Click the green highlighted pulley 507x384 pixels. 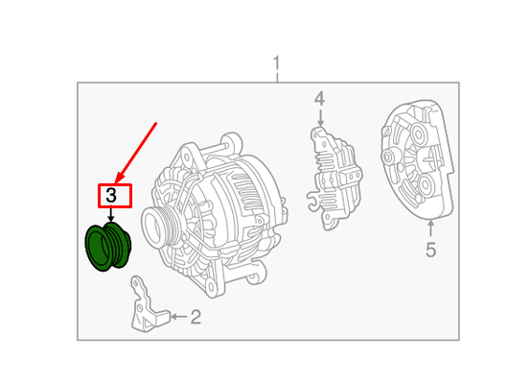coord(108,248)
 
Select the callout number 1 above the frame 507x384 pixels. coord(276,65)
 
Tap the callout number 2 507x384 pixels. coord(196,317)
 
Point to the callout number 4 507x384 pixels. coord(319,99)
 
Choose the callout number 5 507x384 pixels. coord(430,251)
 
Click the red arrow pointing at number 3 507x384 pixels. coord(136,151)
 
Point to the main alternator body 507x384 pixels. coord(225,211)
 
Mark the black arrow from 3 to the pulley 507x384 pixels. coord(111,216)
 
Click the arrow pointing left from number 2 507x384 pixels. coord(176,316)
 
